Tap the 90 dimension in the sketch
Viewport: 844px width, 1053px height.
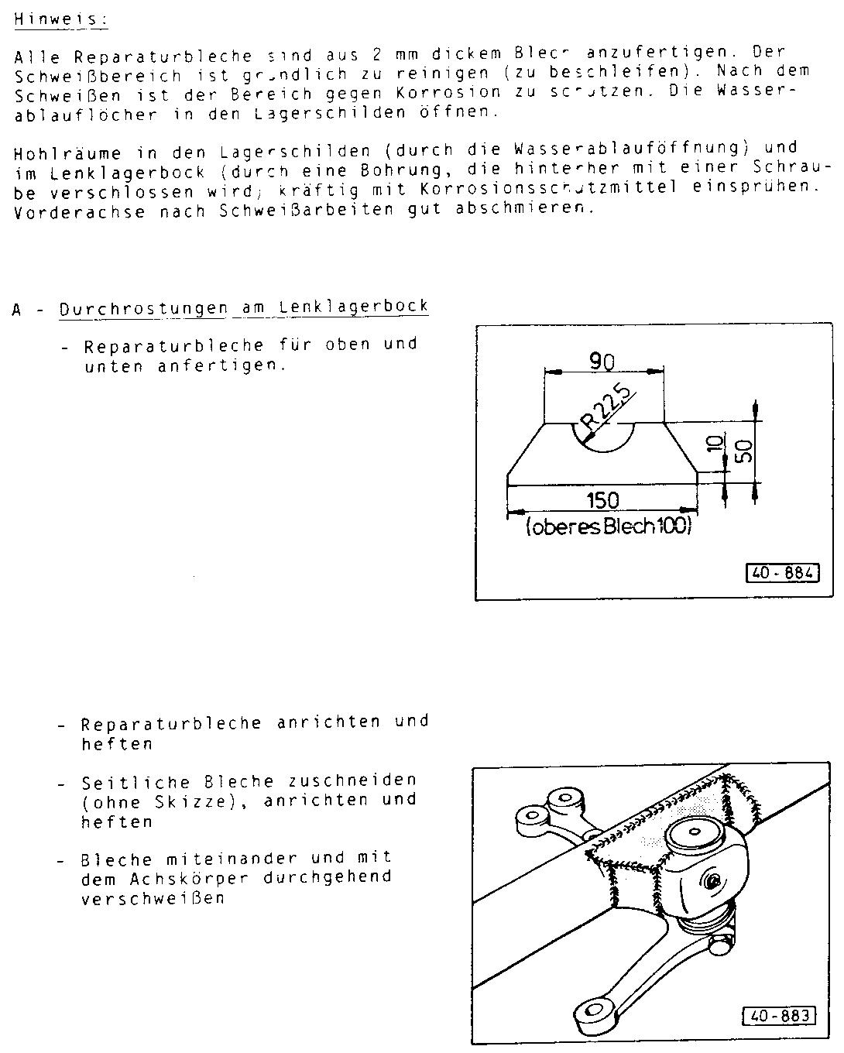tap(602, 362)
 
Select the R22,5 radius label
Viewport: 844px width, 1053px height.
tap(608, 409)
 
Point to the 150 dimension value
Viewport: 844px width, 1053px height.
tap(602, 499)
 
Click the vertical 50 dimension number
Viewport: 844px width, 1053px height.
tap(743, 451)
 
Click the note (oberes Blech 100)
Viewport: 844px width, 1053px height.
tap(608, 527)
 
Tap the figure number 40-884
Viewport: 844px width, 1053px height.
tap(781, 574)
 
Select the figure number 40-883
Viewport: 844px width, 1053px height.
tap(779, 1014)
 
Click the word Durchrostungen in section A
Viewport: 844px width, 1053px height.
tap(143, 308)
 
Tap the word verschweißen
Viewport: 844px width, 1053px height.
tap(153, 899)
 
